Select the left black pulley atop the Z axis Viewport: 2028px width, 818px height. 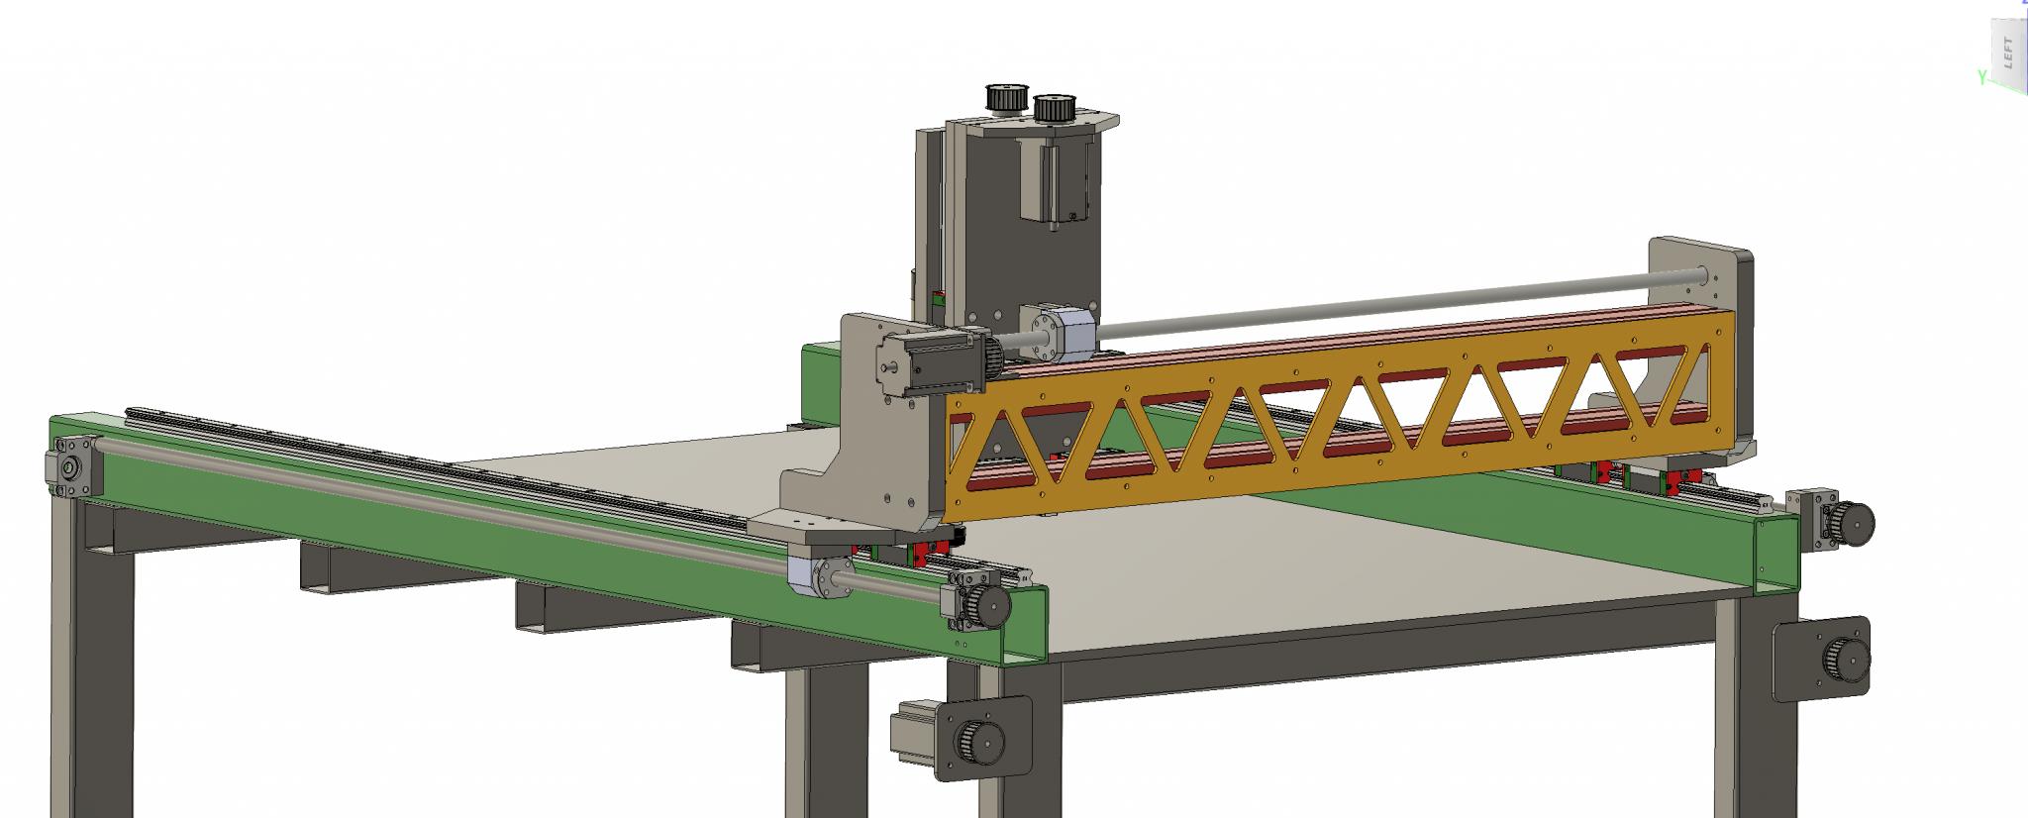coord(1005,98)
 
